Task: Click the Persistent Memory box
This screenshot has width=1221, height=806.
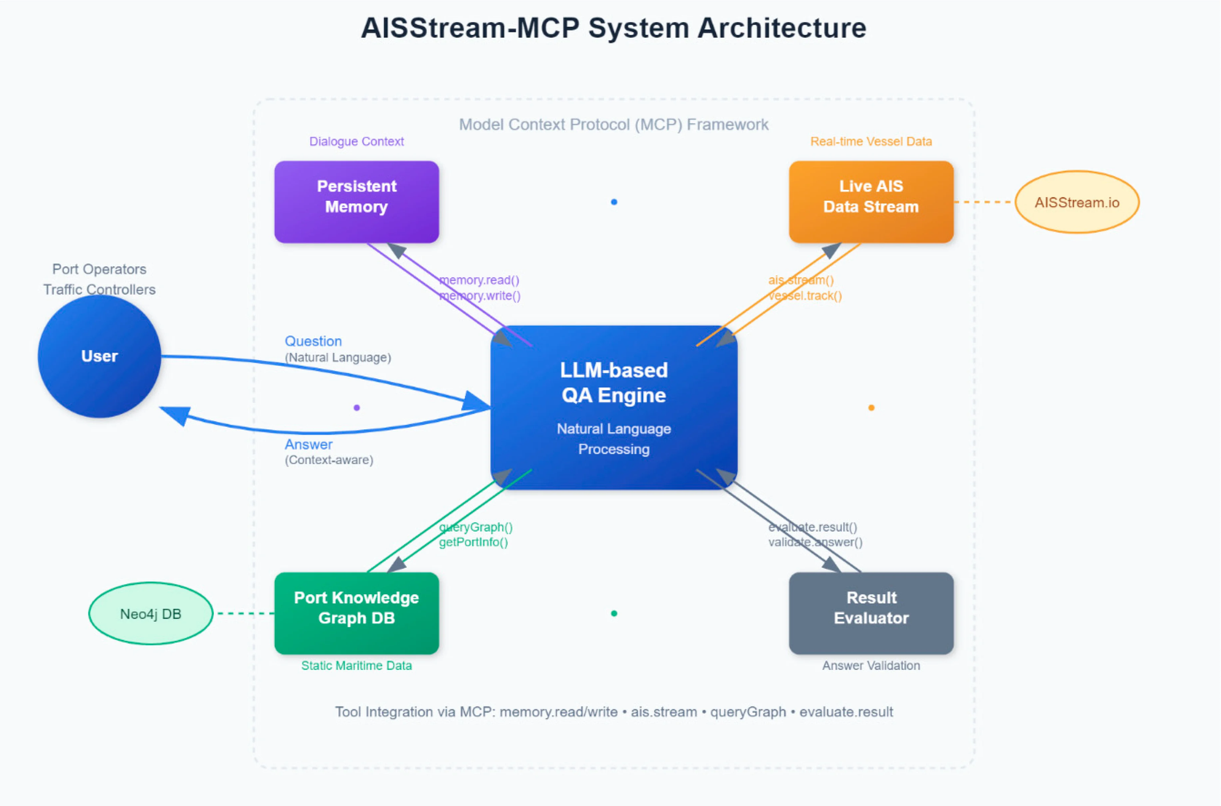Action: (357, 201)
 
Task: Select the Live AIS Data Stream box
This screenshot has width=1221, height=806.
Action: (871, 201)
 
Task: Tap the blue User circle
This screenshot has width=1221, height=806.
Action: (100, 356)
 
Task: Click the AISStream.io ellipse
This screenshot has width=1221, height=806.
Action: (1077, 202)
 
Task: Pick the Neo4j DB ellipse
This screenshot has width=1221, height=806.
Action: (151, 614)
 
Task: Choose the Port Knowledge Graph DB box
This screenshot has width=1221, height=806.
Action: (357, 613)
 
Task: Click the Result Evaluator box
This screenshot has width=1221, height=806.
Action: (871, 613)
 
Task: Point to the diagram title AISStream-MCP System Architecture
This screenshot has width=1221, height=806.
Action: (614, 28)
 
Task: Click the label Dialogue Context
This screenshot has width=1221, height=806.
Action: (357, 142)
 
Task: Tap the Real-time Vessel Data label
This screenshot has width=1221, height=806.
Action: (871, 142)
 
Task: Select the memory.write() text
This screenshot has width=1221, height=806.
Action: (480, 296)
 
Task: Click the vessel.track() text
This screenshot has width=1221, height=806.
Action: (805, 296)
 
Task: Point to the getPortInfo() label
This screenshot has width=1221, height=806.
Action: (473, 542)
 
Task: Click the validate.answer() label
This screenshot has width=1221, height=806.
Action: (815, 542)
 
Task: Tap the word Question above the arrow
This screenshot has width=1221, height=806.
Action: (313, 341)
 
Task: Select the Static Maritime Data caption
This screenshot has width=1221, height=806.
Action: (357, 666)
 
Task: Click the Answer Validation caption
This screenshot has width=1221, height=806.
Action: (871, 666)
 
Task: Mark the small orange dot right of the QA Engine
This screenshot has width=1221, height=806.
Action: (871, 408)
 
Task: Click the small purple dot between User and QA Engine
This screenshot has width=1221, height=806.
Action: (357, 408)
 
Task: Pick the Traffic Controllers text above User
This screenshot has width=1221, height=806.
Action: (100, 289)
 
